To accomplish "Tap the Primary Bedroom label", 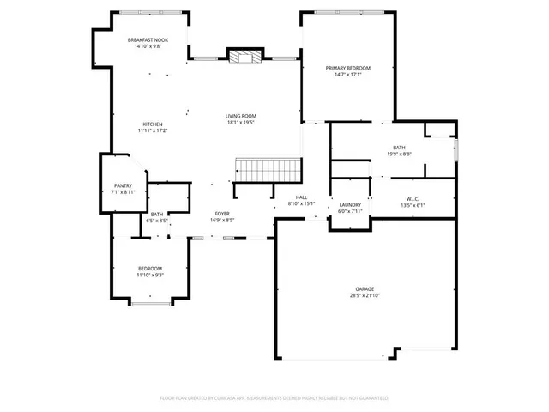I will click(347, 67).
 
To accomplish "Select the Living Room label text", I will click(241, 116).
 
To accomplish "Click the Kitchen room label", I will click(152, 124).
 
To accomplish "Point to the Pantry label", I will click(124, 186).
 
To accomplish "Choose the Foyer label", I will click(221, 213).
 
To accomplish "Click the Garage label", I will click(365, 288).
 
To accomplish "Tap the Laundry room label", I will click(349, 204).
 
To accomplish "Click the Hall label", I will click(302, 197).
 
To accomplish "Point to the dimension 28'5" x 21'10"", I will click(365, 295).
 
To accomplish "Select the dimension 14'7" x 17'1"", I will click(347, 74).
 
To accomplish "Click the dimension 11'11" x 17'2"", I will click(152, 130).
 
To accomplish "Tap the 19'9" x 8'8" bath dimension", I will click(399, 154).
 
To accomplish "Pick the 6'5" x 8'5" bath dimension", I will click(157, 221).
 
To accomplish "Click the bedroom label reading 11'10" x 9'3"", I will click(150, 275).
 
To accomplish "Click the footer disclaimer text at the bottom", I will click(274, 398).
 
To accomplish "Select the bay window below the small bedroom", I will click(150, 303).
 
